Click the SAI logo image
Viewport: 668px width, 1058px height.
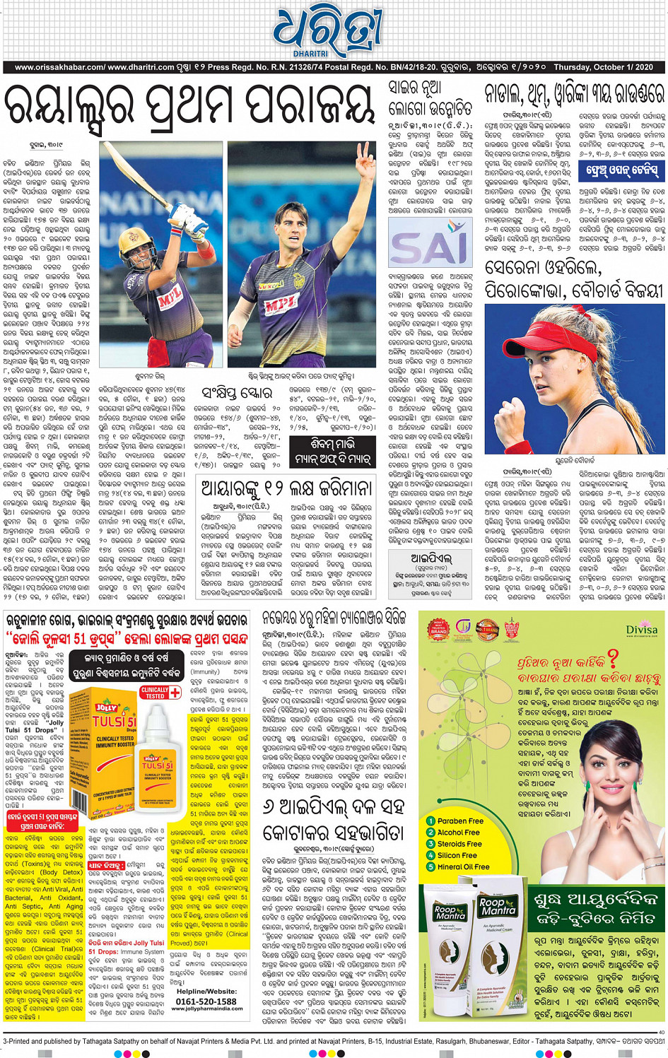coord(430,242)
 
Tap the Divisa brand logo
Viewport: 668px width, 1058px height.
coord(641,630)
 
